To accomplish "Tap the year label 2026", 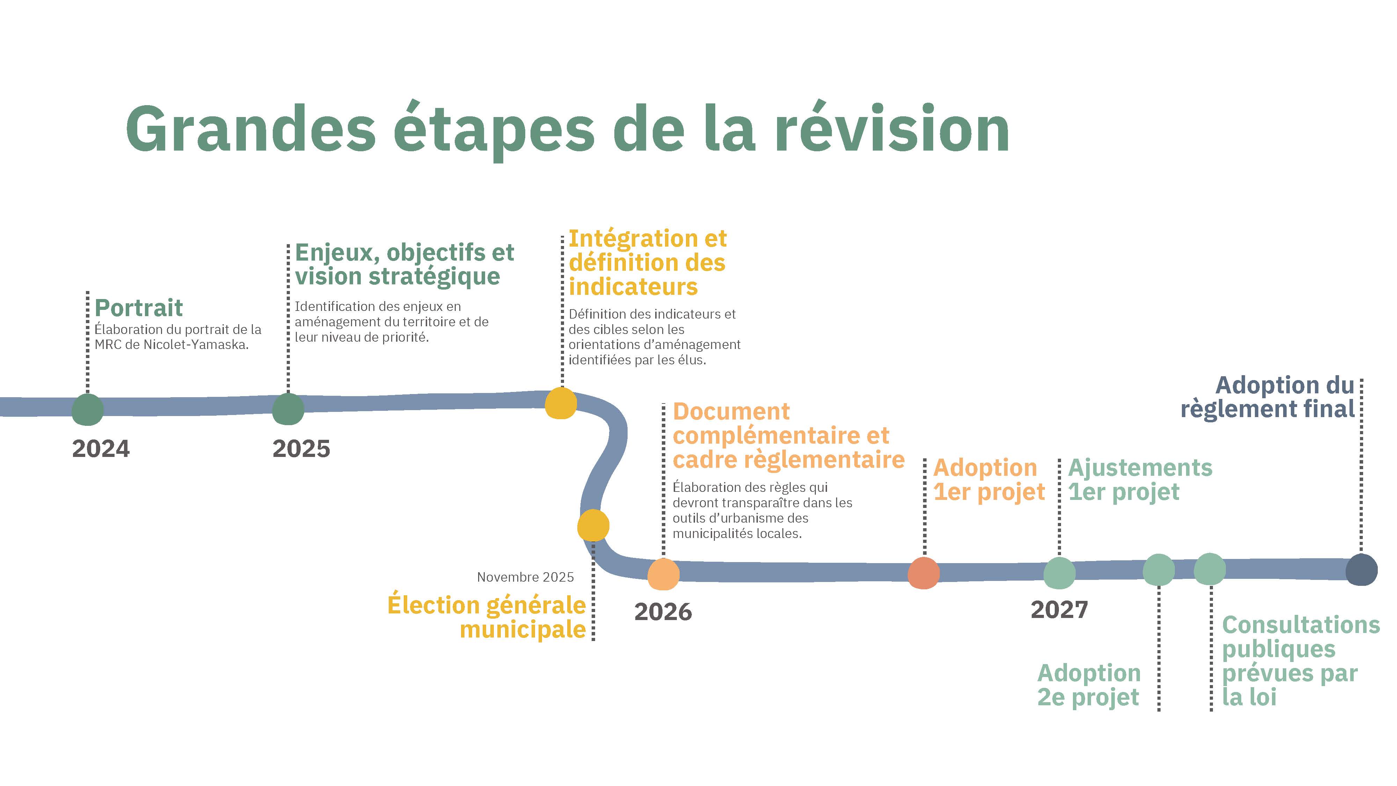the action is tap(663, 612).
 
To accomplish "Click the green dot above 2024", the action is tap(87, 409).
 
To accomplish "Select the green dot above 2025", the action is tap(288, 409).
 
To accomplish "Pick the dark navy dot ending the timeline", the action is tap(1361, 569).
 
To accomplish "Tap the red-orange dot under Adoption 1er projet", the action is tap(923, 573).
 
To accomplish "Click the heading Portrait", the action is tap(139, 308).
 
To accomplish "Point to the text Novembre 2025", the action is tap(525, 577).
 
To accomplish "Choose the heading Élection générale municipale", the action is tap(487, 617).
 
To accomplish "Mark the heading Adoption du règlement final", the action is tap(1268, 398).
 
